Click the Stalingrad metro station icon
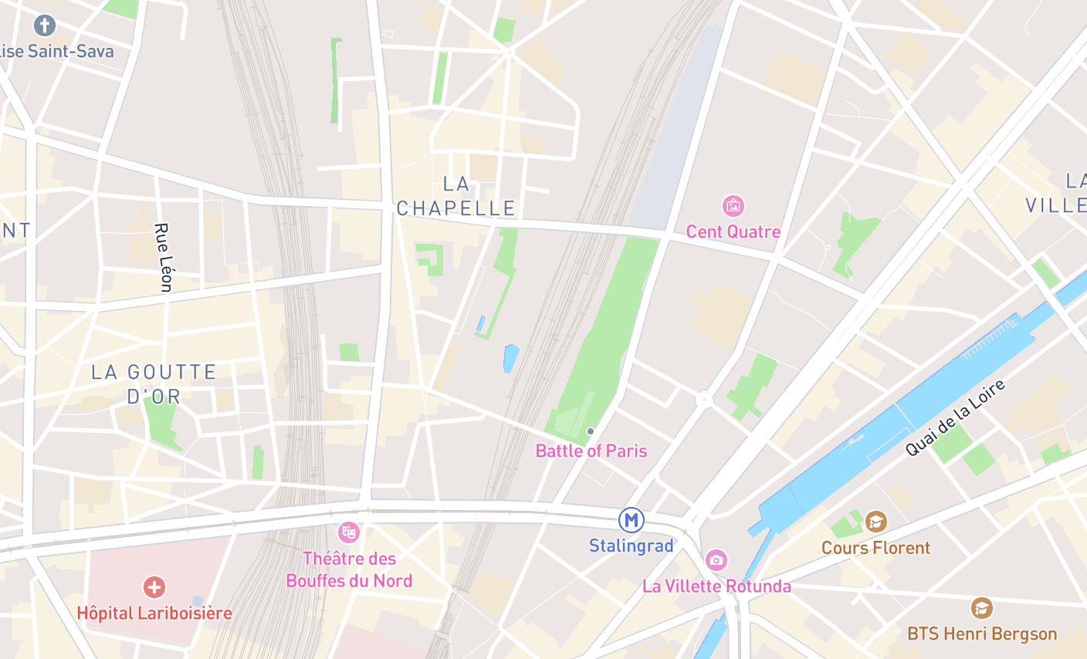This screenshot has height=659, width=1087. (x=632, y=520)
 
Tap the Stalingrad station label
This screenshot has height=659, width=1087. (x=632, y=546)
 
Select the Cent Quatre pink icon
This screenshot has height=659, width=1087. (x=733, y=206)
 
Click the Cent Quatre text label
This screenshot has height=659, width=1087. (x=733, y=231)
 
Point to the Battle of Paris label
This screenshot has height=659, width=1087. (x=591, y=451)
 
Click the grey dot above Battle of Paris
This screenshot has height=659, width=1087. (x=591, y=431)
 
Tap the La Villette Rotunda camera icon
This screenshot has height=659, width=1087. (x=716, y=560)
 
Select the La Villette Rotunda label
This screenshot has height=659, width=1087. (x=716, y=586)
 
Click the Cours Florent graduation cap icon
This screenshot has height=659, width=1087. (x=875, y=522)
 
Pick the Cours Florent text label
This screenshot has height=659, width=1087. (x=875, y=548)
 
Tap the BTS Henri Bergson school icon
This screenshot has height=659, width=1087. (x=981, y=608)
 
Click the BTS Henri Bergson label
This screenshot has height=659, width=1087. (x=982, y=634)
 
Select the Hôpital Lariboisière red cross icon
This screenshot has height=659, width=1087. (x=154, y=587)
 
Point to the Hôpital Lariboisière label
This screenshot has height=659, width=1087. (x=154, y=613)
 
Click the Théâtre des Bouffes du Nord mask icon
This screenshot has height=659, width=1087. (x=349, y=532)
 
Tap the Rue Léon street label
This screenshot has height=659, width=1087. (x=163, y=257)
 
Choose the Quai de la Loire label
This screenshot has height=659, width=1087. (x=956, y=417)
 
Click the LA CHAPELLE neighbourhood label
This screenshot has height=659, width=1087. (x=455, y=196)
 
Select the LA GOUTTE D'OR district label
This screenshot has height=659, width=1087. (x=154, y=384)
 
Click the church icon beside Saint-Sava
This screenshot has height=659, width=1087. (x=45, y=25)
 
